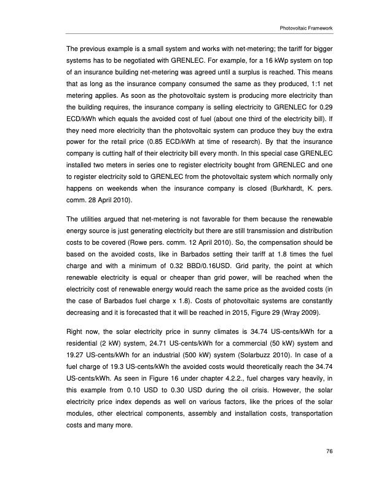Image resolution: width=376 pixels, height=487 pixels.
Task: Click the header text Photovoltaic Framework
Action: [305, 28]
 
